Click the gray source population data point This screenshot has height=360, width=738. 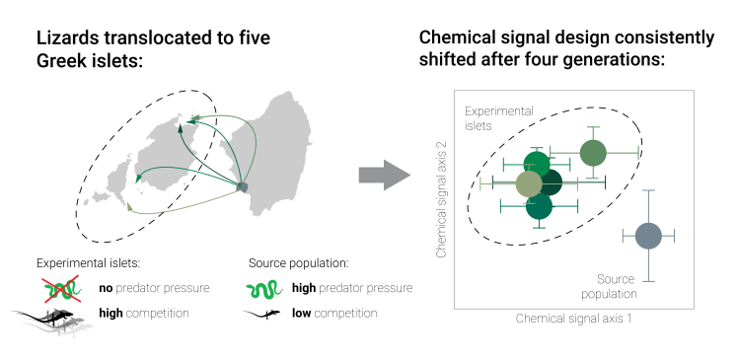click(x=647, y=236)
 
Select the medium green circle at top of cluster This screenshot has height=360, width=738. click(x=592, y=153)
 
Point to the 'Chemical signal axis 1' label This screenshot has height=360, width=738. click(x=573, y=320)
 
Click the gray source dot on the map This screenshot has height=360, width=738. click(x=243, y=186)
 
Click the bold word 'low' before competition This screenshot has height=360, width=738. click(x=303, y=314)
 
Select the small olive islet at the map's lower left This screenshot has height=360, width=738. click(x=130, y=209)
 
